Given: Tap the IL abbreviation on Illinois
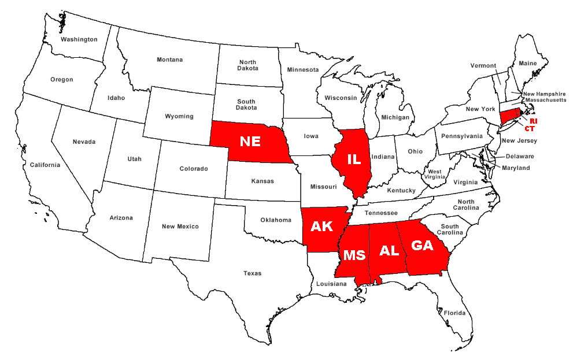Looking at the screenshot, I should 353,158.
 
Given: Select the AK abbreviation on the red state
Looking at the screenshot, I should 321,226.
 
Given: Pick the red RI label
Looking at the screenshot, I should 534,121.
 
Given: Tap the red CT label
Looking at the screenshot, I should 529,128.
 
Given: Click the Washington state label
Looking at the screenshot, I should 79,39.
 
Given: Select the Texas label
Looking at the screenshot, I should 252,273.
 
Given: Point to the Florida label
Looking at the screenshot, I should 454,313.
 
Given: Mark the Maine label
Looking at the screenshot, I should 527,63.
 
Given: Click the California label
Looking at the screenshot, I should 45,165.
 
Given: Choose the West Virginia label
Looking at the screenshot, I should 435,175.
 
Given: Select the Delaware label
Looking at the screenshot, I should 520,156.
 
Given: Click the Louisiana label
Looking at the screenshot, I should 331,284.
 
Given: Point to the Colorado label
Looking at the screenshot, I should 194,169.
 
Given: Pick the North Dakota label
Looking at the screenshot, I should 248,65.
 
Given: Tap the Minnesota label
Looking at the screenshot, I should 302,70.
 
